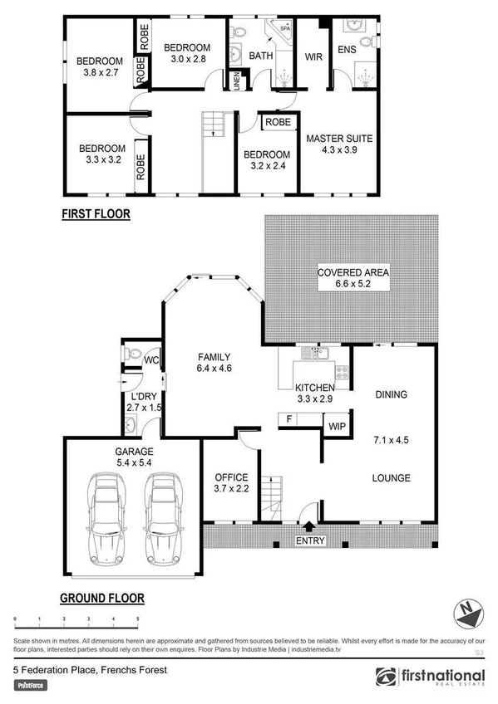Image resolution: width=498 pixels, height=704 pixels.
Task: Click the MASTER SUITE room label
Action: click(338, 139)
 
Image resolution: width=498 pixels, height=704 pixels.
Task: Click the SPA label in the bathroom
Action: click(284, 28)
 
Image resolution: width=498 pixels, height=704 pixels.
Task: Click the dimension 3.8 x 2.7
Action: click(100, 73)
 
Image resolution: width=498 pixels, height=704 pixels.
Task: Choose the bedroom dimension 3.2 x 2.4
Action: click(266, 166)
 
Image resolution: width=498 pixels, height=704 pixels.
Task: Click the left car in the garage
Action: click(106, 516)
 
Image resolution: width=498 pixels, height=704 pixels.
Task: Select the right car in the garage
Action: click(161, 516)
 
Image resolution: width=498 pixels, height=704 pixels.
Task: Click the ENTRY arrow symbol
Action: click(309, 526)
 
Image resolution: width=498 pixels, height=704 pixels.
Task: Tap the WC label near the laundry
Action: click(150, 360)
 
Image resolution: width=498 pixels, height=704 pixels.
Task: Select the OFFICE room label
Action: click(231, 478)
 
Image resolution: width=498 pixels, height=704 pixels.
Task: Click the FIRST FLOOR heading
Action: click(96, 214)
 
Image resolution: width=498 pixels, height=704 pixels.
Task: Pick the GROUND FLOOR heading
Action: click(102, 598)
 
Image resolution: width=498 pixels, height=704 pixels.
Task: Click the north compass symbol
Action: click(466, 615)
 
